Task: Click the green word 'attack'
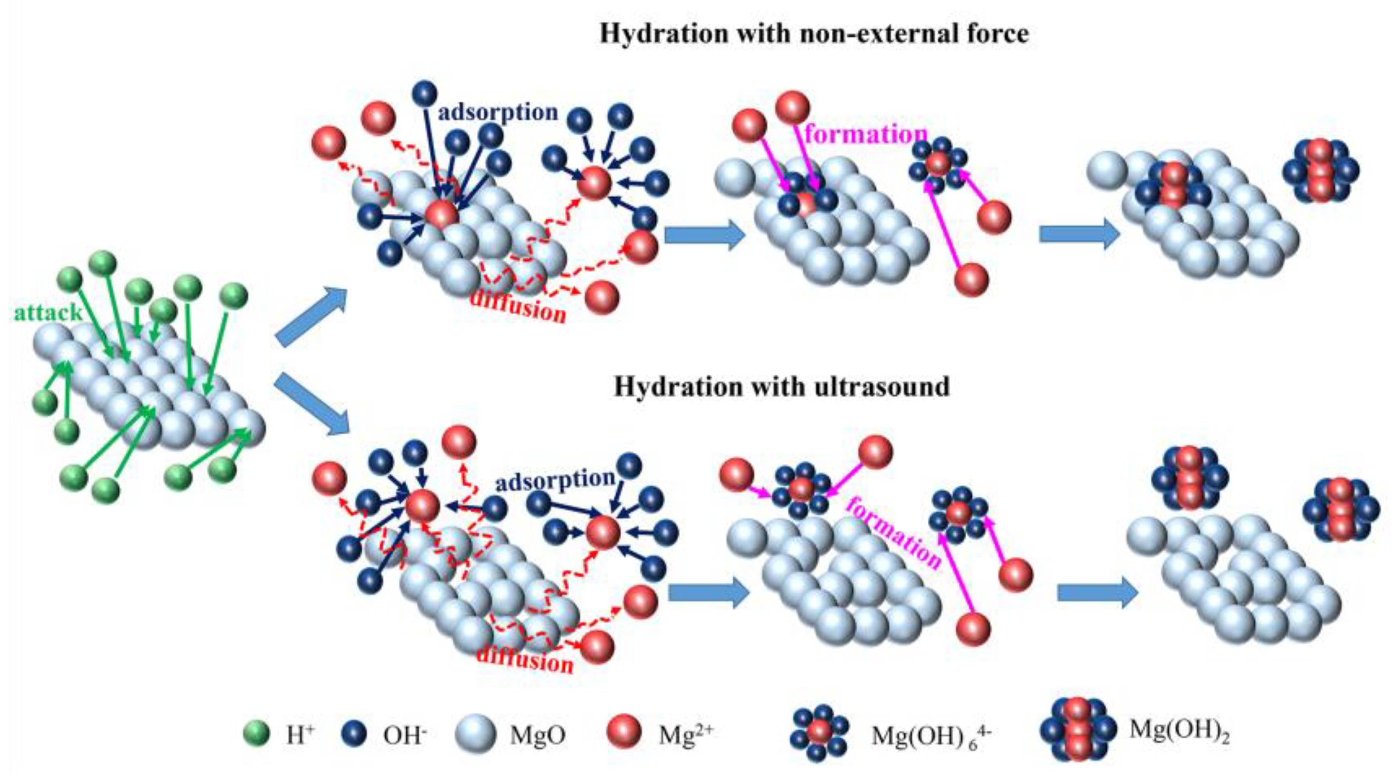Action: coord(48,314)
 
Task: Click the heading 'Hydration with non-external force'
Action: coord(814,34)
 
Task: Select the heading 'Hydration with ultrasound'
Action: coord(782,387)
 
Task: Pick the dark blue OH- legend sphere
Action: coord(354,735)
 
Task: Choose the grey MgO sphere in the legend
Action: coord(475,735)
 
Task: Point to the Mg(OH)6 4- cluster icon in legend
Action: coord(819,733)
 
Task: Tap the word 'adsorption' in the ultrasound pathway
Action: coord(555,480)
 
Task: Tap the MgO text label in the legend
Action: coord(537,736)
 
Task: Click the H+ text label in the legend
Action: coord(300,736)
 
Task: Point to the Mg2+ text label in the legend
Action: coord(686,735)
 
